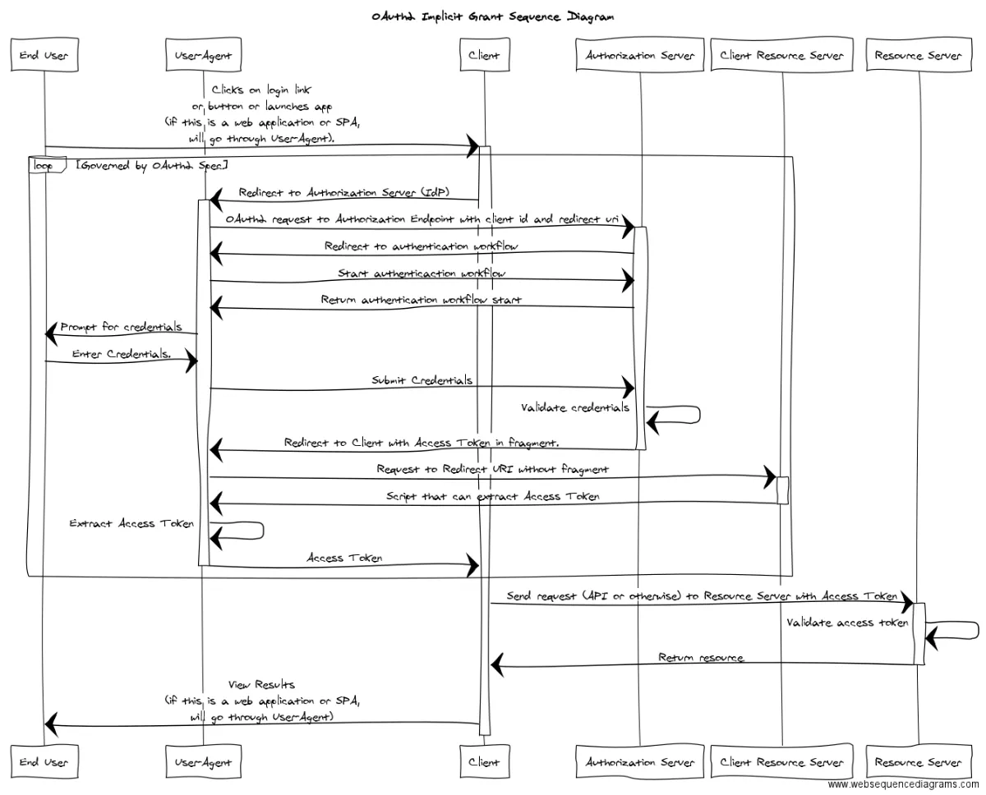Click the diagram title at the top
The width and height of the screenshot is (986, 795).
[x=492, y=17]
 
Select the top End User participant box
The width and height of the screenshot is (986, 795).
[x=44, y=55]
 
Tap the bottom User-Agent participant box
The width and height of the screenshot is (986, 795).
[x=204, y=761]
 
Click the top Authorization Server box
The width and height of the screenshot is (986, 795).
[x=639, y=55]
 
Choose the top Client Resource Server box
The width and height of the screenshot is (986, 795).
[x=781, y=55]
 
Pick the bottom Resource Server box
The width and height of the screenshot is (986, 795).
[x=919, y=761]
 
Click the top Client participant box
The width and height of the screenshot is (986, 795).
[x=485, y=55]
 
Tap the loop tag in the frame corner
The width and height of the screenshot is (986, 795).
[x=47, y=165]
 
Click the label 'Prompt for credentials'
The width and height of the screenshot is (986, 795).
[x=121, y=327]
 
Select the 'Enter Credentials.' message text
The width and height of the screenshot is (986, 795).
[x=122, y=353]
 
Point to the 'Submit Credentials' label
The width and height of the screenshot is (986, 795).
[x=422, y=380]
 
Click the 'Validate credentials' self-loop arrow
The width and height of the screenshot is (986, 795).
[x=699, y=415]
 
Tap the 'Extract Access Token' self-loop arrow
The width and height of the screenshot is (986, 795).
[x=263, y=531]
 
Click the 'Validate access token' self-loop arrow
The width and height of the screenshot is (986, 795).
[x=979, y=630]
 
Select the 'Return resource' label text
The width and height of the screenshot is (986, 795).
[x=701, y=658]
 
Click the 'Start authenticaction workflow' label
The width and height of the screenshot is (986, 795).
[x=422, y=273]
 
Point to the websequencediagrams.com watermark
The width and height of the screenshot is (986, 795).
[x=903, y=784]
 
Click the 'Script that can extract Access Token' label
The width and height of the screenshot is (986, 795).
[x=492, y=496]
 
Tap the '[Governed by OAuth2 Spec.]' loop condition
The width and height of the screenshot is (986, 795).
[x=152, y=165]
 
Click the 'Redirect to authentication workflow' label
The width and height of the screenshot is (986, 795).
[x=421, y=246]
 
